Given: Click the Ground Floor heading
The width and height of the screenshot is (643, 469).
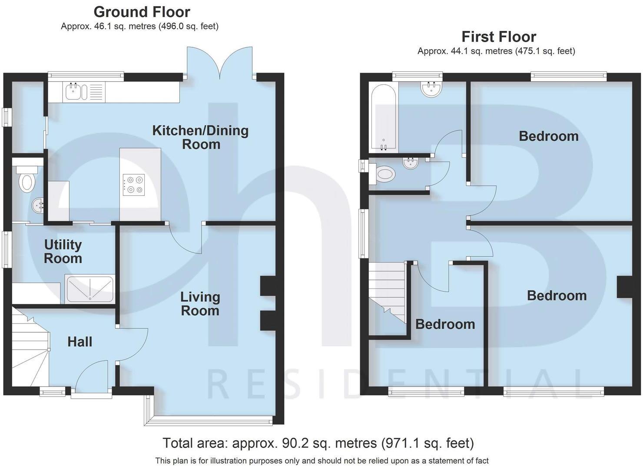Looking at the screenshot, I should click(142, 12).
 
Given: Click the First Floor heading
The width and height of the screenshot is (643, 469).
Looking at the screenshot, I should click(498, 36).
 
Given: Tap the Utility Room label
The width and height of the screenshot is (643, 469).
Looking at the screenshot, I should click(63, 251).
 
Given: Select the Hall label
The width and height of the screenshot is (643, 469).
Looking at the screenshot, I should click(80, 342).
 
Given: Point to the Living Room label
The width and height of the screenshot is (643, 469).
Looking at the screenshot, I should click(200, 304).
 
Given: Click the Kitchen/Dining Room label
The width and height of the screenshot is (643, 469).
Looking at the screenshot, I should click(200, 137).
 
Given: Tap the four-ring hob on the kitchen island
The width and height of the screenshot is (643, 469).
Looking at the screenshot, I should click(134, 184).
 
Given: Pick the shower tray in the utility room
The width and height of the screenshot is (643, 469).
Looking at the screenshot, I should click(90, 289).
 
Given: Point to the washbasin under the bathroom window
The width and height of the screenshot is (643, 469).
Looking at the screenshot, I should click(431, 89).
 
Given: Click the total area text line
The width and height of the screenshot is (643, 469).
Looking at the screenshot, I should click(318, 443).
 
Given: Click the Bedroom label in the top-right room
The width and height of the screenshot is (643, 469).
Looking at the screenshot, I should click(548, 136).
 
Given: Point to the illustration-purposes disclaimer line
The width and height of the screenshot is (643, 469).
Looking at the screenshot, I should click(321, 461).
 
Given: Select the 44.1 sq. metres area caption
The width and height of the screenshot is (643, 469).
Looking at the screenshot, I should click(496, 51).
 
